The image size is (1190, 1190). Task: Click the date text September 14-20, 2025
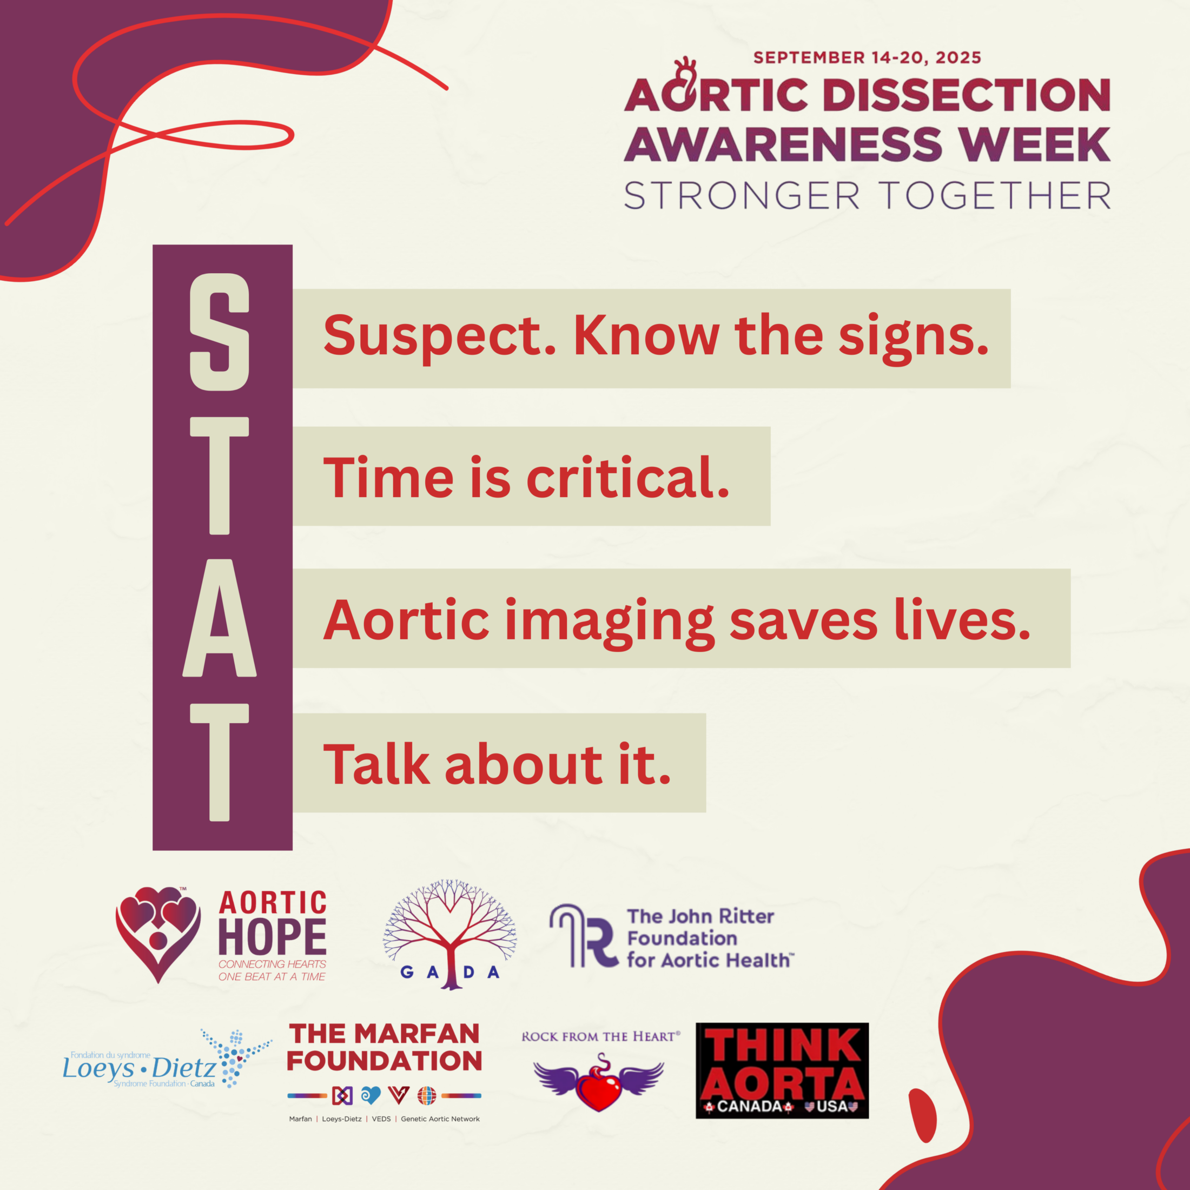867,58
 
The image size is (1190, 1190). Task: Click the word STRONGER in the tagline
741,196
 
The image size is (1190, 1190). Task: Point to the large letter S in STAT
219,332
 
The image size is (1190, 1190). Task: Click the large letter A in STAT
219,618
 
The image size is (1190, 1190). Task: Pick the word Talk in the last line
376,764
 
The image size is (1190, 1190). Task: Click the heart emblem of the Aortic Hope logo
158,934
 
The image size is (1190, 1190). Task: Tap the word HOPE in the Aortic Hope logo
272,937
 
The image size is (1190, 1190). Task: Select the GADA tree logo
449,934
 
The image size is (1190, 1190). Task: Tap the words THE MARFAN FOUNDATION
385,1048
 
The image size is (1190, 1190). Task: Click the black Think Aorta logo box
782,1070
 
